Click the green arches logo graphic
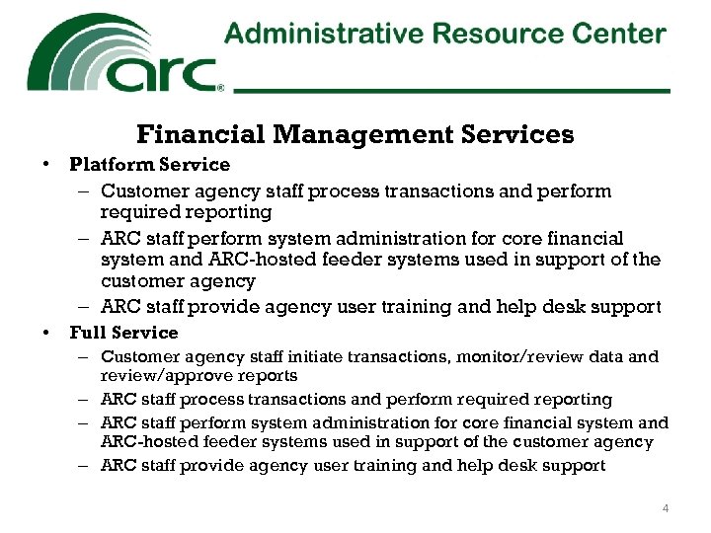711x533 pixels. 89,49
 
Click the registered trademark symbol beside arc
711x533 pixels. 220,87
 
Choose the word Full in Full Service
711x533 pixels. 86,333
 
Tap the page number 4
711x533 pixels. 666,508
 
